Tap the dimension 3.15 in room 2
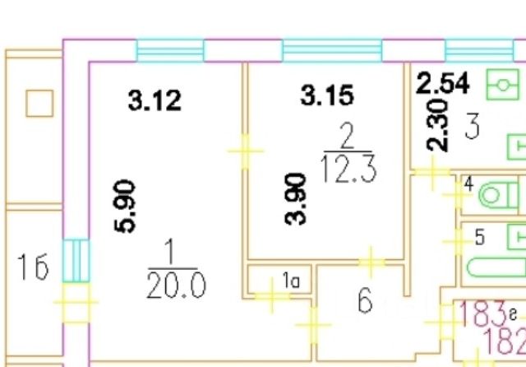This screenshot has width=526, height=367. click(327, 95)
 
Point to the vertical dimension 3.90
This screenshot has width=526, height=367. click(299, 197)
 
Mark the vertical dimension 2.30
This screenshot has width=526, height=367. click(438, 125)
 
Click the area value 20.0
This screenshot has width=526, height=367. click(175, 285)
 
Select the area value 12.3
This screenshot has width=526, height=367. click(348, 168)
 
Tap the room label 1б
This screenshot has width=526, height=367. click(33, 268)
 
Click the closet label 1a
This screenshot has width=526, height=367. click(291, 282)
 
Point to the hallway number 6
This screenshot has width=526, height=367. click(365, 301)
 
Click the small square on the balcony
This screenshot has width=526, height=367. click(39, 104)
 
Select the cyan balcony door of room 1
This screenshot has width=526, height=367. click(73, 259)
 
